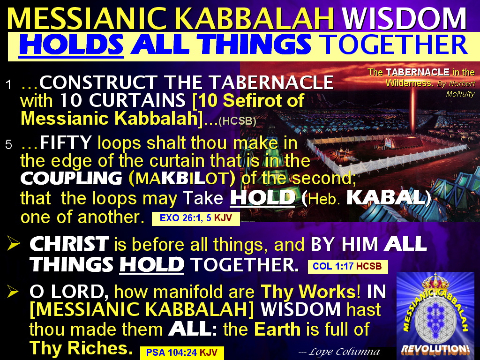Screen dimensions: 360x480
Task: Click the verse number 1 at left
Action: (x=8, y=85)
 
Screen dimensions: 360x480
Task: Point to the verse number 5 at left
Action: (x=8, y=145)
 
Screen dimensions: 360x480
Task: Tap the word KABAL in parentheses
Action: (x=386, y=198)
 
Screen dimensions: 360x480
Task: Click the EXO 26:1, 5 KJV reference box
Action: (x=195, y=218)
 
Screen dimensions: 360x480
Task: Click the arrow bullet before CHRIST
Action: (x=15, y=244)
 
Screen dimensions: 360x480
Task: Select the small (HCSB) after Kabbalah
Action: (x=237, y=121)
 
